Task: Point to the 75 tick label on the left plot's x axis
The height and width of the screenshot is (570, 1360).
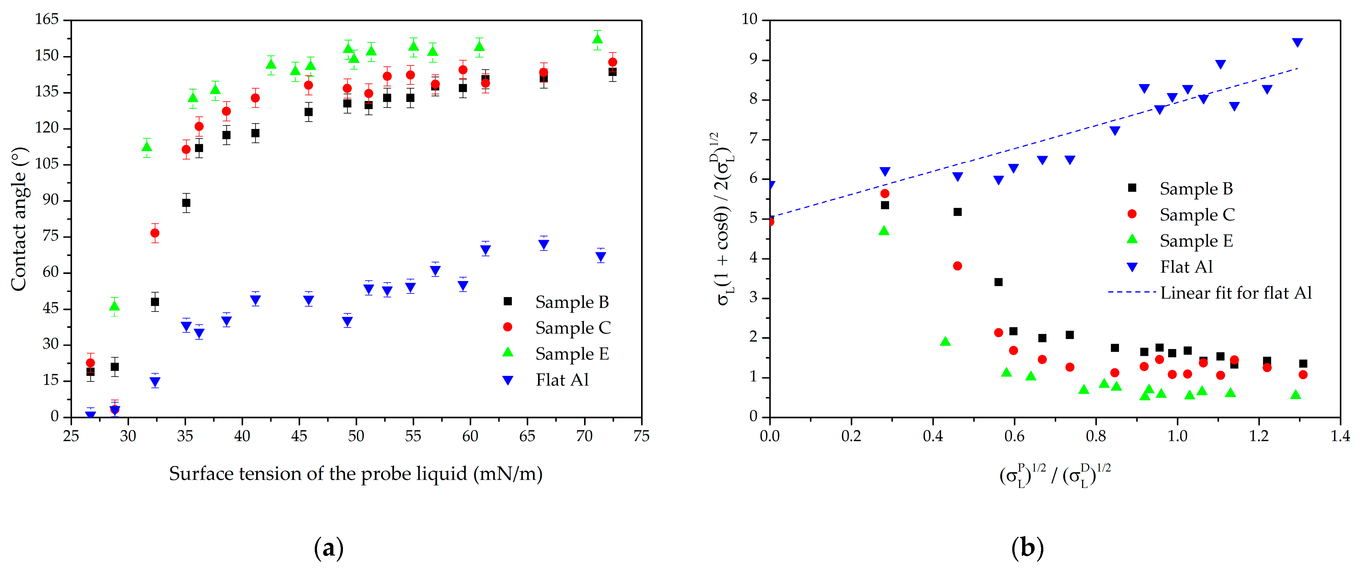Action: pyautogui.click(x=641, y=436)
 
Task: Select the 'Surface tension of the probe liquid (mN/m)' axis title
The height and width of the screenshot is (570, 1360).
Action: pyautogui.click(x=355, y=474)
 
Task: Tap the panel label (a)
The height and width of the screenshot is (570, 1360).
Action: pyautogui.click(x=329, y=548)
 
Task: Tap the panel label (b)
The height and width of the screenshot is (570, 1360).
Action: pyautogui.click(x=1027, y=548)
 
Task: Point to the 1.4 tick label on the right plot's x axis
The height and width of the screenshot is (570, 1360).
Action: pyautogui.click(x=1340, y=436)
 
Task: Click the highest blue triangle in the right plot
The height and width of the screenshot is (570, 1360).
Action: pyautogui.click(x=1297, y=42)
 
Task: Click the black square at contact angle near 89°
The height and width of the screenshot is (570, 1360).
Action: pyautogui.click(x=186, y=203)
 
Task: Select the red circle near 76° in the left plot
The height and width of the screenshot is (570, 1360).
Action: pyautogui.click(x=155, y=233)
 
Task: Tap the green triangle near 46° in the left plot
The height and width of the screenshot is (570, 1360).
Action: pyautogui.click(x=114, y=306)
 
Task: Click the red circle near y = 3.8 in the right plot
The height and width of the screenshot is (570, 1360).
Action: pyautogui.click(x=957, y=266)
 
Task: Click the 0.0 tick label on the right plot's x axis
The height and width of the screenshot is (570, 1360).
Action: pyautogui.click(x=770, y=436)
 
